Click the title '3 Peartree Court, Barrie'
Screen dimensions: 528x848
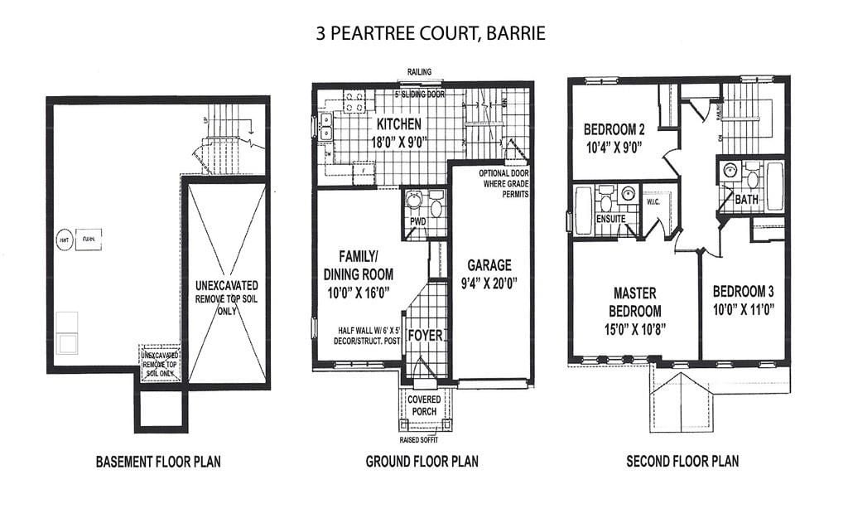[x=430, y=34]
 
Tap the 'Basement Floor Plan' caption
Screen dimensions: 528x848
[x=158, y=462]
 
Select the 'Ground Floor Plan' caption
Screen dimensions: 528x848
[x=422, y=462]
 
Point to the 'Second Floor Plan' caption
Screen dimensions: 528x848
[x=682, y=462]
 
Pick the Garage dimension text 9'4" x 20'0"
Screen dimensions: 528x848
[x=489, y=283]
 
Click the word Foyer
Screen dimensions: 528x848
[x=426, y=336]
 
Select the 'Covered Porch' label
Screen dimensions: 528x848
[x=425, y=404]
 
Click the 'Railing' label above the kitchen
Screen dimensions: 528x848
[x=419, y=73]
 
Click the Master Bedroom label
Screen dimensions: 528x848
[x=636, y=303]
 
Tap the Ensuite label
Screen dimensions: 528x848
[x=611, y=219]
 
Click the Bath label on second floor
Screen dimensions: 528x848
[x=746, y=200]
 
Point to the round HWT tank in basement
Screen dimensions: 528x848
[x=63, y=240]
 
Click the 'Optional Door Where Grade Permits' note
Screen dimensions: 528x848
[x=503, y=183]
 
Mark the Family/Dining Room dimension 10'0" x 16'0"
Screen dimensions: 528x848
[x=359, y=291]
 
